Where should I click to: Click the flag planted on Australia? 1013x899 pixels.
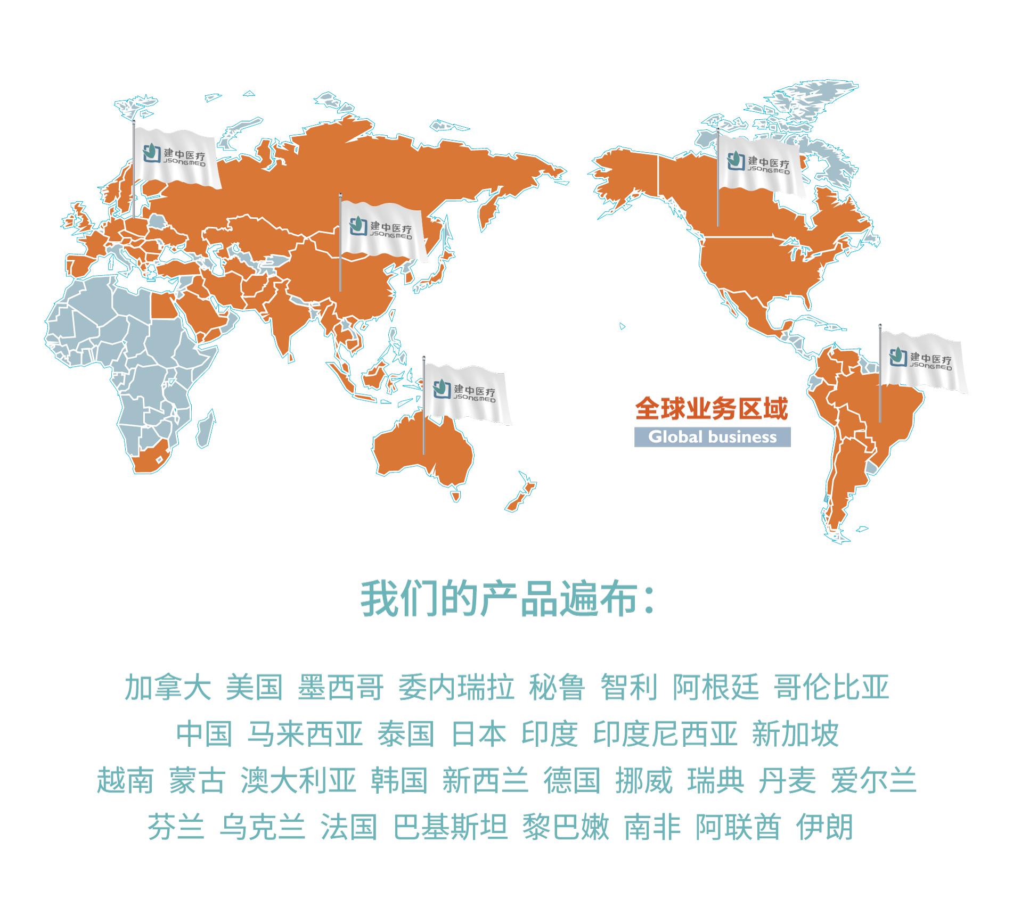(x=467, y=393)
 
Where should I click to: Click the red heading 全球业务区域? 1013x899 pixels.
(x=712, y=409)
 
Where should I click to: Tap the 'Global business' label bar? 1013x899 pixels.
(x=712, y=437)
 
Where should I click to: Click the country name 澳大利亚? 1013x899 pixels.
(x=298, y=780)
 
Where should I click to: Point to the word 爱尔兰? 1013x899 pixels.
(x=873, y=780)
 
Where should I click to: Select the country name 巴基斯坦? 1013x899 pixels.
(x=450, y=827)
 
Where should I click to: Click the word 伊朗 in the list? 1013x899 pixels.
(x=824, y=827)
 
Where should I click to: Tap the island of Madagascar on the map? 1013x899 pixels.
(x=206, y=429)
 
